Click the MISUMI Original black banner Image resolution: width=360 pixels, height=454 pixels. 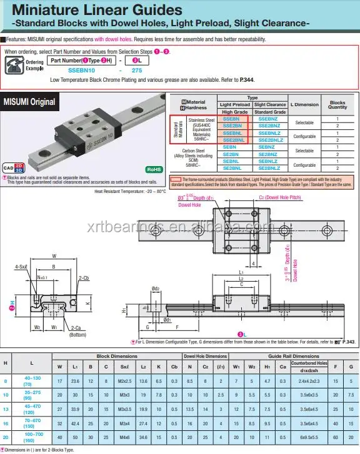29,102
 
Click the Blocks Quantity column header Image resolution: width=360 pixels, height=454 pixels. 337,105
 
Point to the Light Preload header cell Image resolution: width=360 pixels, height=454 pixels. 234,105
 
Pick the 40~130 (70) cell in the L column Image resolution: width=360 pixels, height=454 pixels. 32,382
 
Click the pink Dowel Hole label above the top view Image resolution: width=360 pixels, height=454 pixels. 189,204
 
